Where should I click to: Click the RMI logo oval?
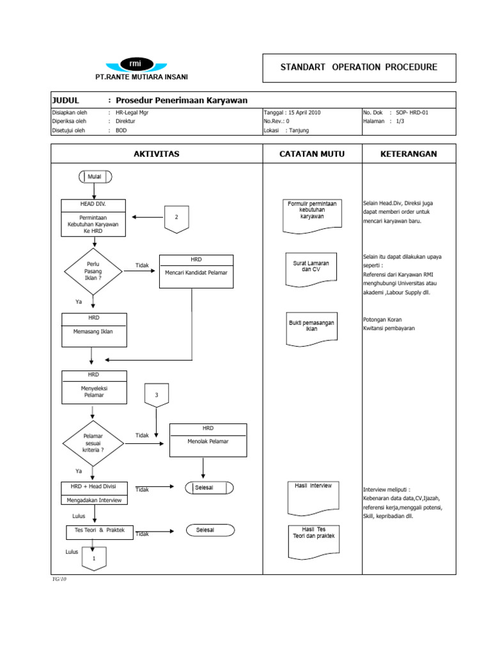click(136, 64)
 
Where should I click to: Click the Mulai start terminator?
click(95, 177)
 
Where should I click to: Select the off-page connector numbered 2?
click(176, 218)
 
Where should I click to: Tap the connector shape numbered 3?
click(156, 395)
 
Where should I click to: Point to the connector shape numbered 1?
click(94, 558)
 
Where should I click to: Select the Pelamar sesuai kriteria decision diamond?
click(93, 443)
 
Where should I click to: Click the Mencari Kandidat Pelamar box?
click(196, 271)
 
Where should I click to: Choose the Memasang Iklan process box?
click(94, 330)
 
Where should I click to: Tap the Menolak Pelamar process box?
click(208, 440)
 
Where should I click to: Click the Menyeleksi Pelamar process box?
click(94, 388)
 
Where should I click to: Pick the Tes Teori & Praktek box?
click(100, 531)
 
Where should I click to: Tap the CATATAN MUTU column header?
click(313, 154)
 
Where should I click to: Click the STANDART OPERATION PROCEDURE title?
click(359, 67)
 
